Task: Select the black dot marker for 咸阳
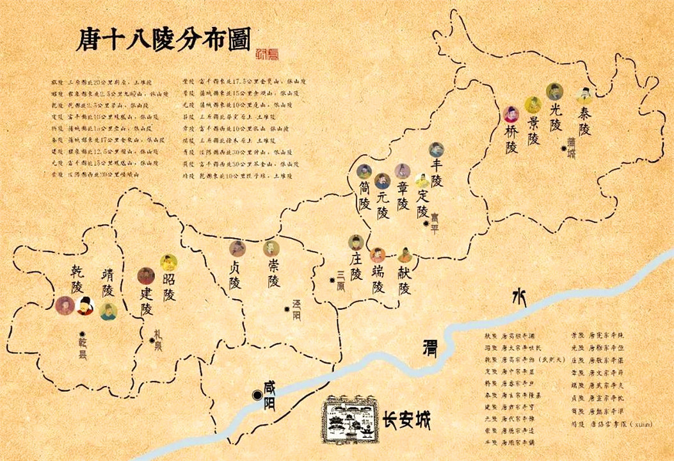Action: pos(257,396)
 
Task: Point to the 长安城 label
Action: pos(406,420)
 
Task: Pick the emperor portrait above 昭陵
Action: pos(168,263)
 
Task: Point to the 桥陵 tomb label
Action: pos(511,139)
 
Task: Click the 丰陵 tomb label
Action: pos(437,173)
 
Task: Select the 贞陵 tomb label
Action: pos(236,274)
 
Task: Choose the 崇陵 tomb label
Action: pos(273,273)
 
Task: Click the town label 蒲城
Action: pos(571,148)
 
